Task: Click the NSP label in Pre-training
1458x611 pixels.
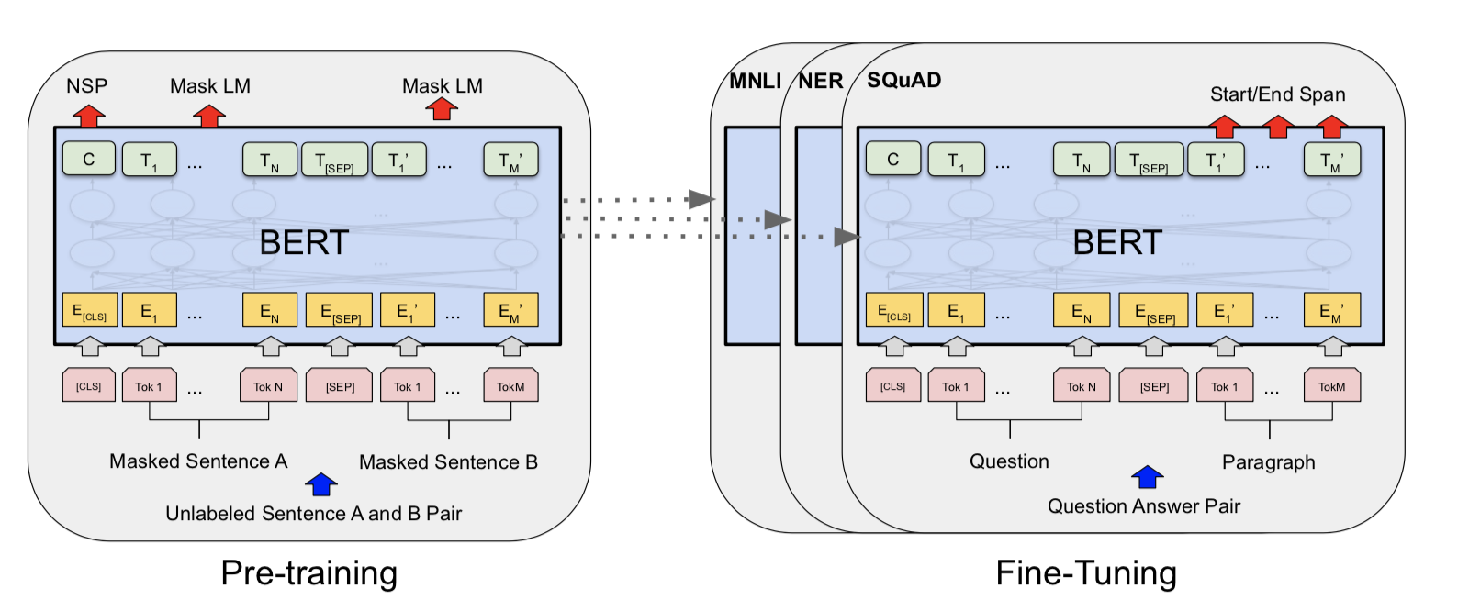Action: coord(86,86)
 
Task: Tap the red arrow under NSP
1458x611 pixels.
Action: coord(88,116)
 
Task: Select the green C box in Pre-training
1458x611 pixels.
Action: coord(89,159)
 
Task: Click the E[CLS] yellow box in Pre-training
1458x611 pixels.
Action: coord(90,310)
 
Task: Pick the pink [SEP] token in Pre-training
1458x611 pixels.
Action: coord(339,385)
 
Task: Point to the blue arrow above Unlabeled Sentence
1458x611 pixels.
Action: coord(321,484)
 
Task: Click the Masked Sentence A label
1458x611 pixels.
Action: coord(198,461)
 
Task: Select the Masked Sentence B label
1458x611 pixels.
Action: coord(448,462)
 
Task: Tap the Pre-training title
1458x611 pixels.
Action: coord(309,573)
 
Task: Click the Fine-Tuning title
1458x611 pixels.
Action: coord(1086,573)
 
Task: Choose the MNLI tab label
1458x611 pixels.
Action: coord(755,82)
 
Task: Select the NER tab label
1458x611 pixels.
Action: coord(821,82)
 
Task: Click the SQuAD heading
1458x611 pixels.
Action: coord(904,80)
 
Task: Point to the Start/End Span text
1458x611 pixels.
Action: coord(1278,94)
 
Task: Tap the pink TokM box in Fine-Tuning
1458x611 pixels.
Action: coord(1331,385)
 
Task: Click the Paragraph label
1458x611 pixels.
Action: coord(1269,462)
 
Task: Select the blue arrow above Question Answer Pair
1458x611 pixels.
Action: coord(1147,477)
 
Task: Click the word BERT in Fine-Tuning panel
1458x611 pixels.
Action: coord(1117,242)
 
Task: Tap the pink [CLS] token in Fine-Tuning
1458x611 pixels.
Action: coord(893,385)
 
